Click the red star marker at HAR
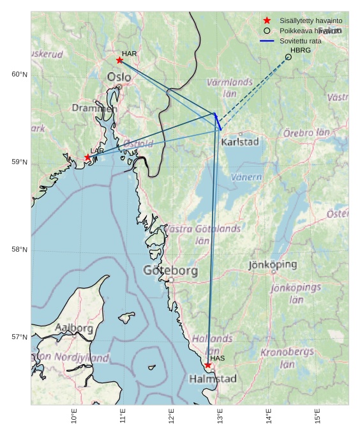pos(119,60)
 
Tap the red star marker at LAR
pos(88,157)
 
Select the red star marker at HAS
pos(207,365)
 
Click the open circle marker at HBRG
pos(289,57)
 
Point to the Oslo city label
pos(119,77)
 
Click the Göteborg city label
pos(170,271)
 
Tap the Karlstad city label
pos(240,142)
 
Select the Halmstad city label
pos(213,379)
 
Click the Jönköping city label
pos(273,264)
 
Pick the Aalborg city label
pos(74,328)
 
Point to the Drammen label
pos(94,109)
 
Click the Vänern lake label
pos(246,177)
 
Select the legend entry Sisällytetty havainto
pos(310,20)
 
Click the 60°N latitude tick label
pos(19,75)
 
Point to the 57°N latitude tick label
pos(19,337)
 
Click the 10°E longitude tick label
pos(74,416)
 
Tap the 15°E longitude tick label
pos(317,416)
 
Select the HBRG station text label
pos(301,50)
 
